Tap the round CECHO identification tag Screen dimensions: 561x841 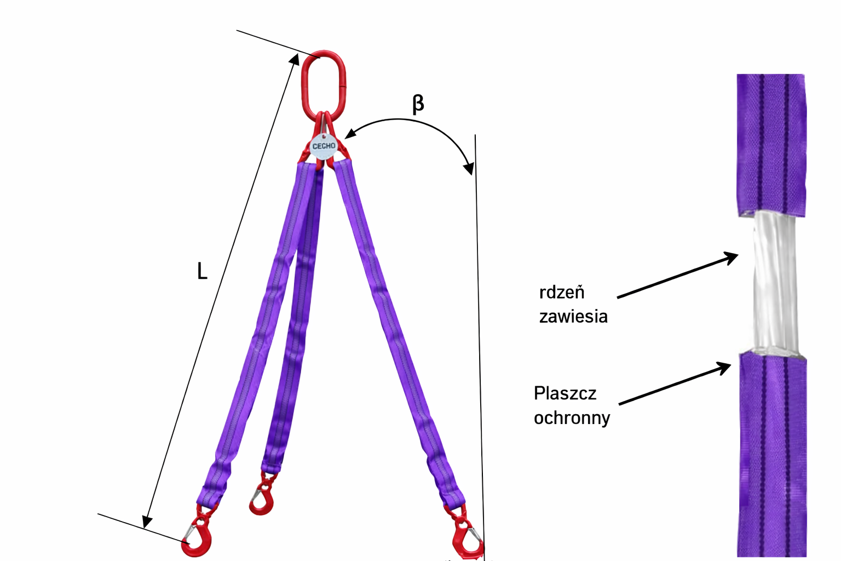click(x=323, y=146)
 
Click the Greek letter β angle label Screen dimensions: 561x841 click(x=418, y=104)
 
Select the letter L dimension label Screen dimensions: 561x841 click(x=202, y=271)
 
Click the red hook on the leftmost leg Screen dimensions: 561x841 click(x=198, y=537)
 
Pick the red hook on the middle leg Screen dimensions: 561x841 click(x=262, y=498)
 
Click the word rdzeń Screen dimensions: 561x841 click(x=562, y=293)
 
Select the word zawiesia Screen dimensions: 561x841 click(x=573, y=317)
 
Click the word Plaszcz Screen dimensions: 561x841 click(x=565, y=393)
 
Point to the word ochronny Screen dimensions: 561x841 click(x=572, y=418)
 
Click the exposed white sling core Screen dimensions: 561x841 click(x=773, y=282)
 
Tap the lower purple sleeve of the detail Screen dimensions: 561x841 click(x=772, y=455)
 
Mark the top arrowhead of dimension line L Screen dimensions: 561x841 click(x=295, y=60)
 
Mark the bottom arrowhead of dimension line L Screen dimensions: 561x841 click(x=146, y=522)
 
